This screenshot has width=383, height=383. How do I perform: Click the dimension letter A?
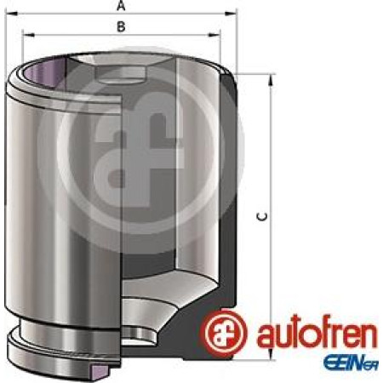pyautogui.click(x=122, y=6)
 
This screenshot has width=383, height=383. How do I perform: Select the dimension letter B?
pyautogui.click(x=122, y=27)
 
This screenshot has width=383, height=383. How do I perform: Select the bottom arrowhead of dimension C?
pyautogui.click(x=272, y=357)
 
